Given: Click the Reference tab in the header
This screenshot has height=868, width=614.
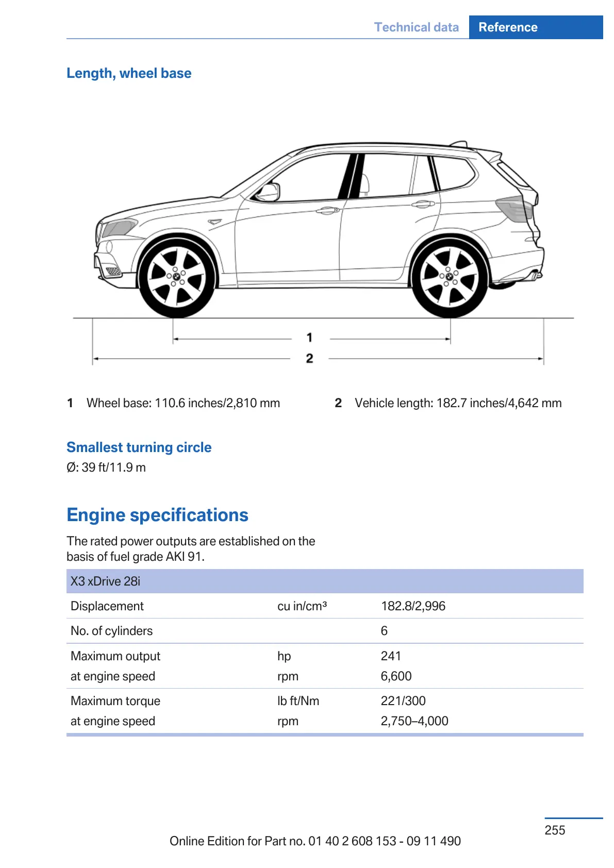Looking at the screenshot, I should (508, 27).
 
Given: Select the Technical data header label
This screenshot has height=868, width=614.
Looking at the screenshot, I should (416, 27).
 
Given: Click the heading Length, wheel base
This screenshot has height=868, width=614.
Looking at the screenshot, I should (129, 73).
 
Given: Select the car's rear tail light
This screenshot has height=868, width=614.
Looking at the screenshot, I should (515, 208).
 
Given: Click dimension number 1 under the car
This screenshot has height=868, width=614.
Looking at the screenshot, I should (309, 338).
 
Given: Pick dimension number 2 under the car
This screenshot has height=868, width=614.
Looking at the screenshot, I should (309, 358).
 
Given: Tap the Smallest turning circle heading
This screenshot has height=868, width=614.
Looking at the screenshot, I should (139, 447).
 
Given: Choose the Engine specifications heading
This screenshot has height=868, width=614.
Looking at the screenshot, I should (157, 515).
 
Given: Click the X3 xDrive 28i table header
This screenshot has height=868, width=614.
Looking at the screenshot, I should (105, 581).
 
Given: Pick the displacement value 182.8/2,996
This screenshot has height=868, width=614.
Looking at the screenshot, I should (413, 606).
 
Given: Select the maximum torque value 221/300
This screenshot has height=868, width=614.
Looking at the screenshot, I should (403, 701).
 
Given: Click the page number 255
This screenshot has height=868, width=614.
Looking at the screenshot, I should (555, 830).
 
